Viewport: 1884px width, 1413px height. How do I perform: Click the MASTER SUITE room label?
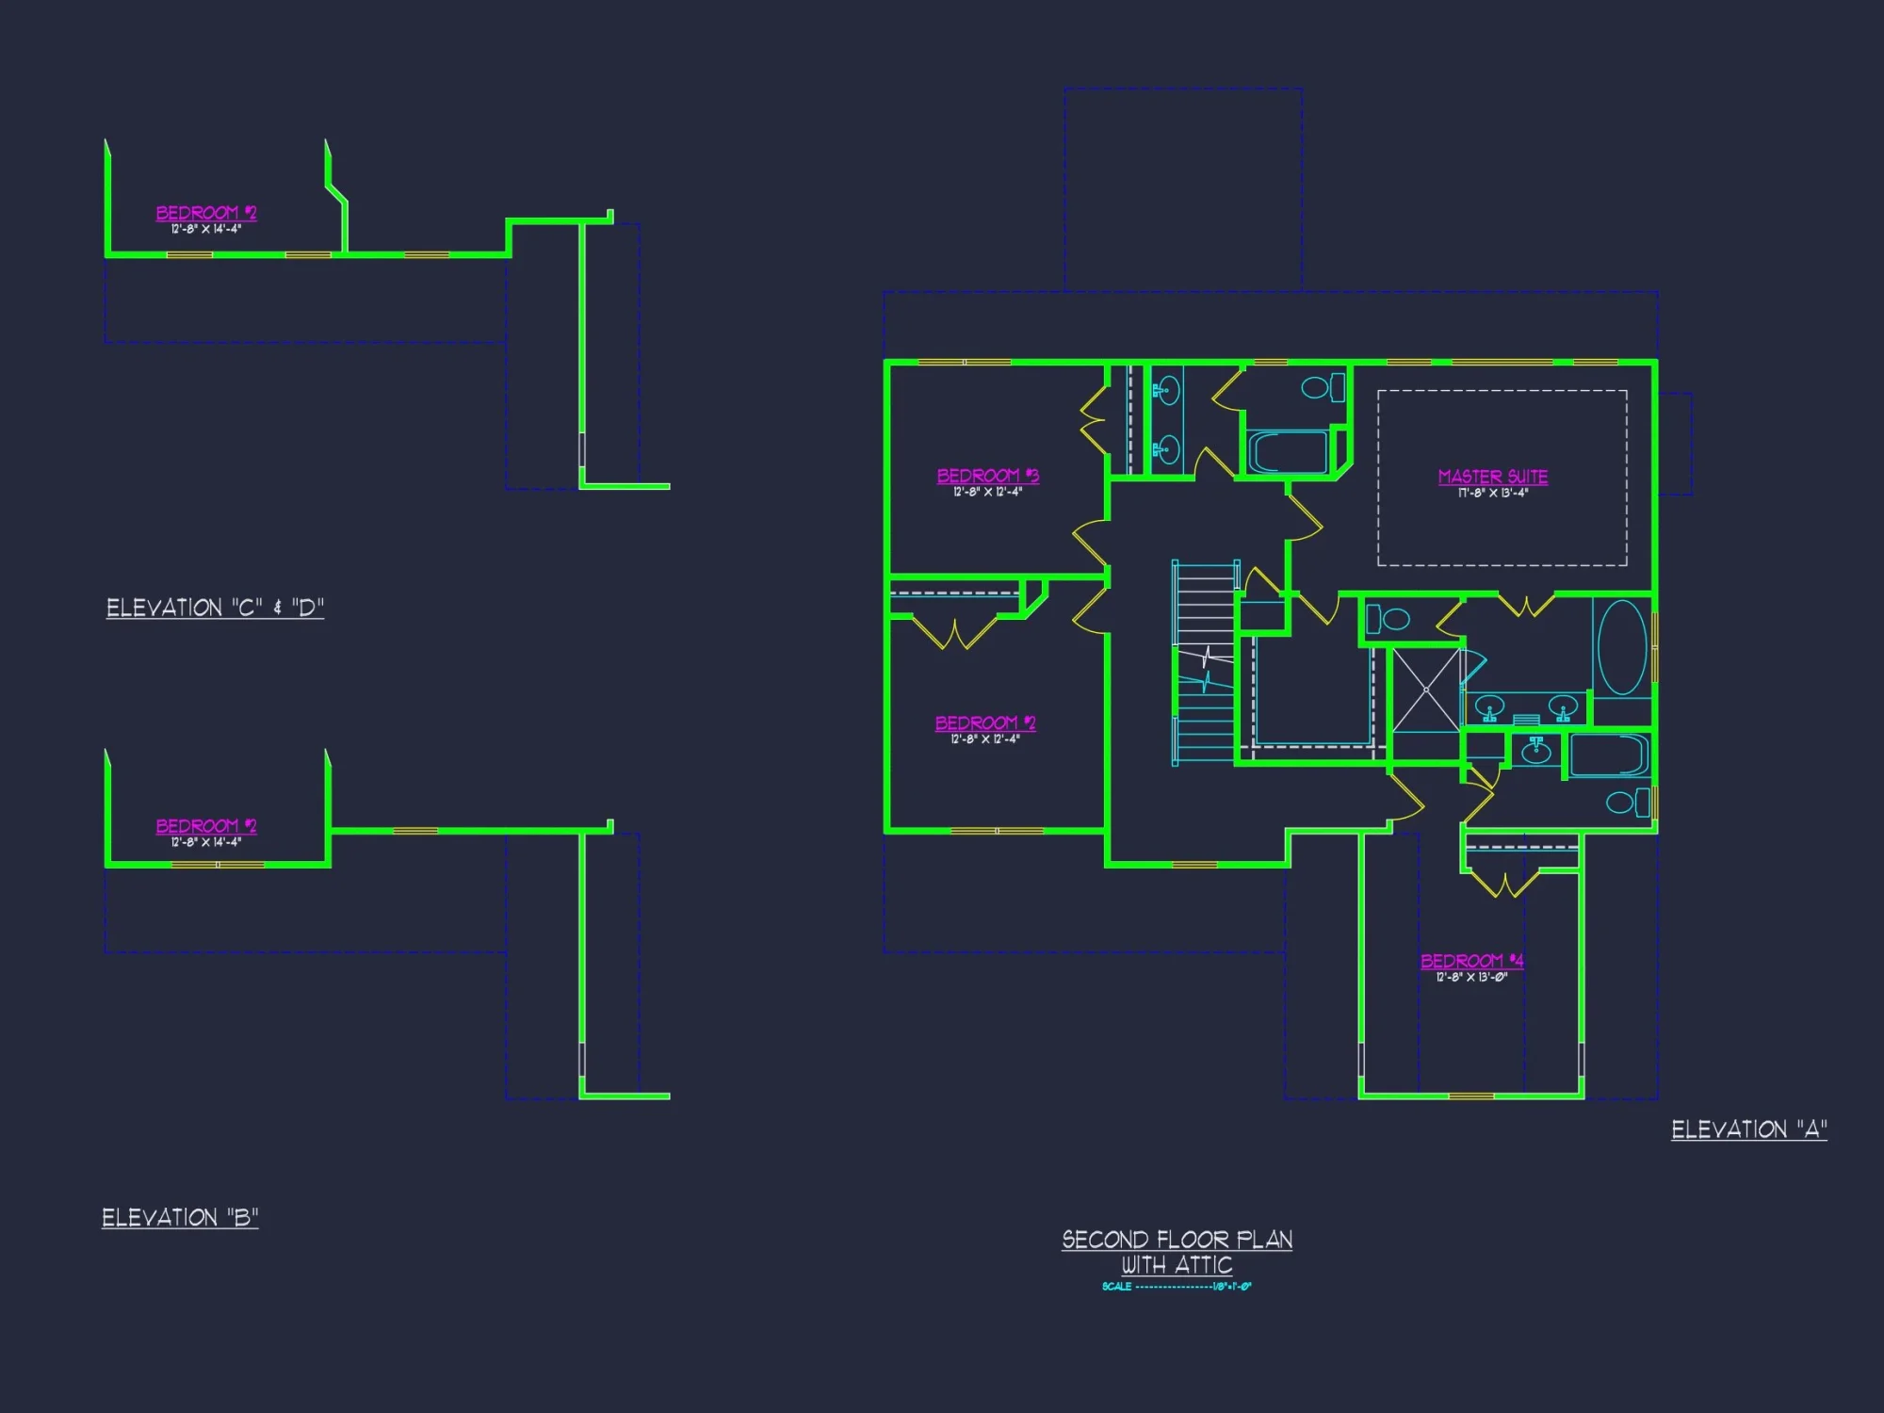[x=1492, y=477]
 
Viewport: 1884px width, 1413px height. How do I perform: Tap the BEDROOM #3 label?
[x=987, y=476]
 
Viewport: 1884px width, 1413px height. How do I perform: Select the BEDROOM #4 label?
[x=1471, y=961]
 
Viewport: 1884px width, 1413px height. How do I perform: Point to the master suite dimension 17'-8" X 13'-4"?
[x=1492, y=494]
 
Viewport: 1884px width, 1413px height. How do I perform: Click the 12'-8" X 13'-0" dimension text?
[x=1471, y=978]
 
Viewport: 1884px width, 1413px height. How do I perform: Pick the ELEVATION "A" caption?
[x=1748, y=1129]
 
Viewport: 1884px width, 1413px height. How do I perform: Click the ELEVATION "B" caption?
[x=180, y=1218]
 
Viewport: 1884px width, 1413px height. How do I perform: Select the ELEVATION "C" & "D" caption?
[x=215, y=608]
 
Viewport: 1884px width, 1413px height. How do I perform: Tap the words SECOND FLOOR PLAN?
[x=1177, y=1240]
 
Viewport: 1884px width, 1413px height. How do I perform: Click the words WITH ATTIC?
[x=1177, y=1265]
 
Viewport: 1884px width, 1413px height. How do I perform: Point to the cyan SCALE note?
[x=1177, y=1287]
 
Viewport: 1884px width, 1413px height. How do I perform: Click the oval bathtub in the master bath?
[x=1622, y=647]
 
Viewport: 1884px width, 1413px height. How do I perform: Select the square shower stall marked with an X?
[x=1426, y=690]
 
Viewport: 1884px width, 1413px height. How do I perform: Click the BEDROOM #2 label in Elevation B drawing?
[x=205, y=826]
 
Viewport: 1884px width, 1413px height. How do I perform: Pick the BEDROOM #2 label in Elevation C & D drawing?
[x=205, y=213]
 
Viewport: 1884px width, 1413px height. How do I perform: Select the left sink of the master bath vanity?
[x=1489, y=706]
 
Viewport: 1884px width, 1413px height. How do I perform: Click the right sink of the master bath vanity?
[x=1563, y=706]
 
